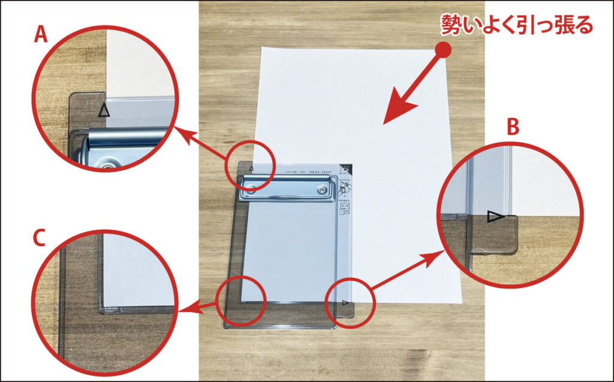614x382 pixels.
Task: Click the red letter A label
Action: [41, 37]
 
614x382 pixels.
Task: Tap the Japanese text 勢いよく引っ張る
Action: [517, 25]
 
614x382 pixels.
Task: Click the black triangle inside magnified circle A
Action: [104, 110]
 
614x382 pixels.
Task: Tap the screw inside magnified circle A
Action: [108, 162]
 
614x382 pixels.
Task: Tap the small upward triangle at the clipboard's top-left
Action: [252, 169]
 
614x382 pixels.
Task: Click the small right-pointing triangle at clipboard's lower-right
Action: [345, 303]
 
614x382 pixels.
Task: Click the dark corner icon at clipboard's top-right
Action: [345, 168]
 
